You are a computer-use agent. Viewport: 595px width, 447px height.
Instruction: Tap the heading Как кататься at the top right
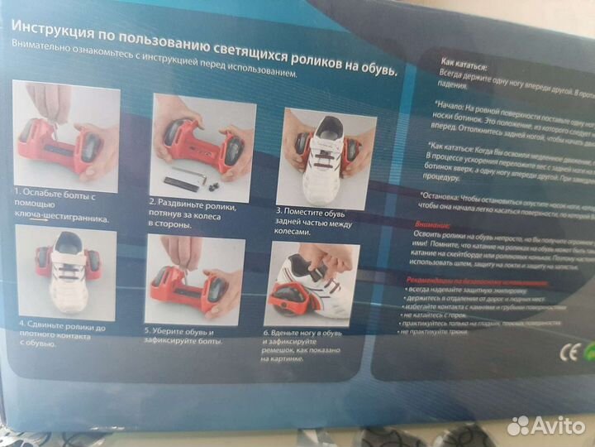(x=464, y=60)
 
